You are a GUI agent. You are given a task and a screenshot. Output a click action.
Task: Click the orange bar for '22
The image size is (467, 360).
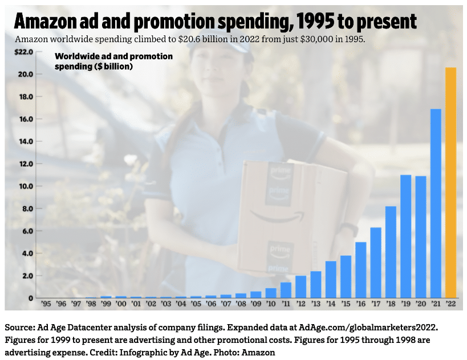tap(451, 182)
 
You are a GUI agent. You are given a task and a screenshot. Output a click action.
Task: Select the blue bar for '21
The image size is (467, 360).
tap(436, 203)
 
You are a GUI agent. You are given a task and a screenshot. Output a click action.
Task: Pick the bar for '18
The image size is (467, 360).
tap(391, 252)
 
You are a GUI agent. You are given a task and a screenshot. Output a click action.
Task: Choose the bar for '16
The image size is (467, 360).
tap(361, 270)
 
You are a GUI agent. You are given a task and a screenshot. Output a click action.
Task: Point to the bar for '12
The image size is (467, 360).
tap(301, 287)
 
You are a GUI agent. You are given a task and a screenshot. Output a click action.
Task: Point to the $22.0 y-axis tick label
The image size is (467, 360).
tap(25, 52)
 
